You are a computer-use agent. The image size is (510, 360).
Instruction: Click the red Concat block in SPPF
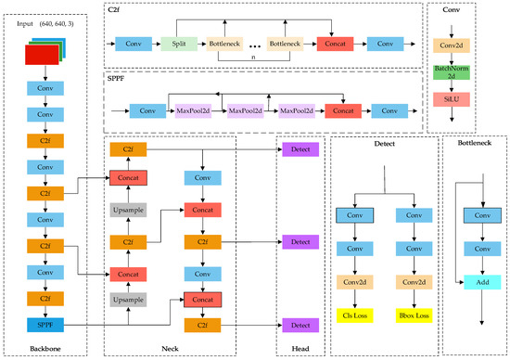pyautogui.click(x=343, y=110)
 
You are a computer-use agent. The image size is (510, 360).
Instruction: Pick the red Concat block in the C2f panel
pyautogui.click(x=335, y=43)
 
